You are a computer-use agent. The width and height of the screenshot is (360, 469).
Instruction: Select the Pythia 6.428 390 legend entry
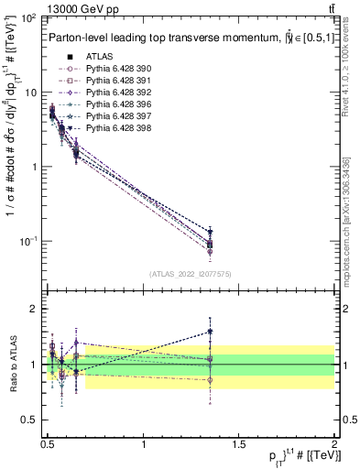(113, 69)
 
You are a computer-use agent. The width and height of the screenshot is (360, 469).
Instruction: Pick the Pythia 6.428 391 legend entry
(113, 81)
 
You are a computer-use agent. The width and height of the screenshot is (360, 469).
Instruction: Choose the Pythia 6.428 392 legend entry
(113, 93)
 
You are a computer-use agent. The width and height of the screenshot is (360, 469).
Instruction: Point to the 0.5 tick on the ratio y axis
(32, 420)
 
